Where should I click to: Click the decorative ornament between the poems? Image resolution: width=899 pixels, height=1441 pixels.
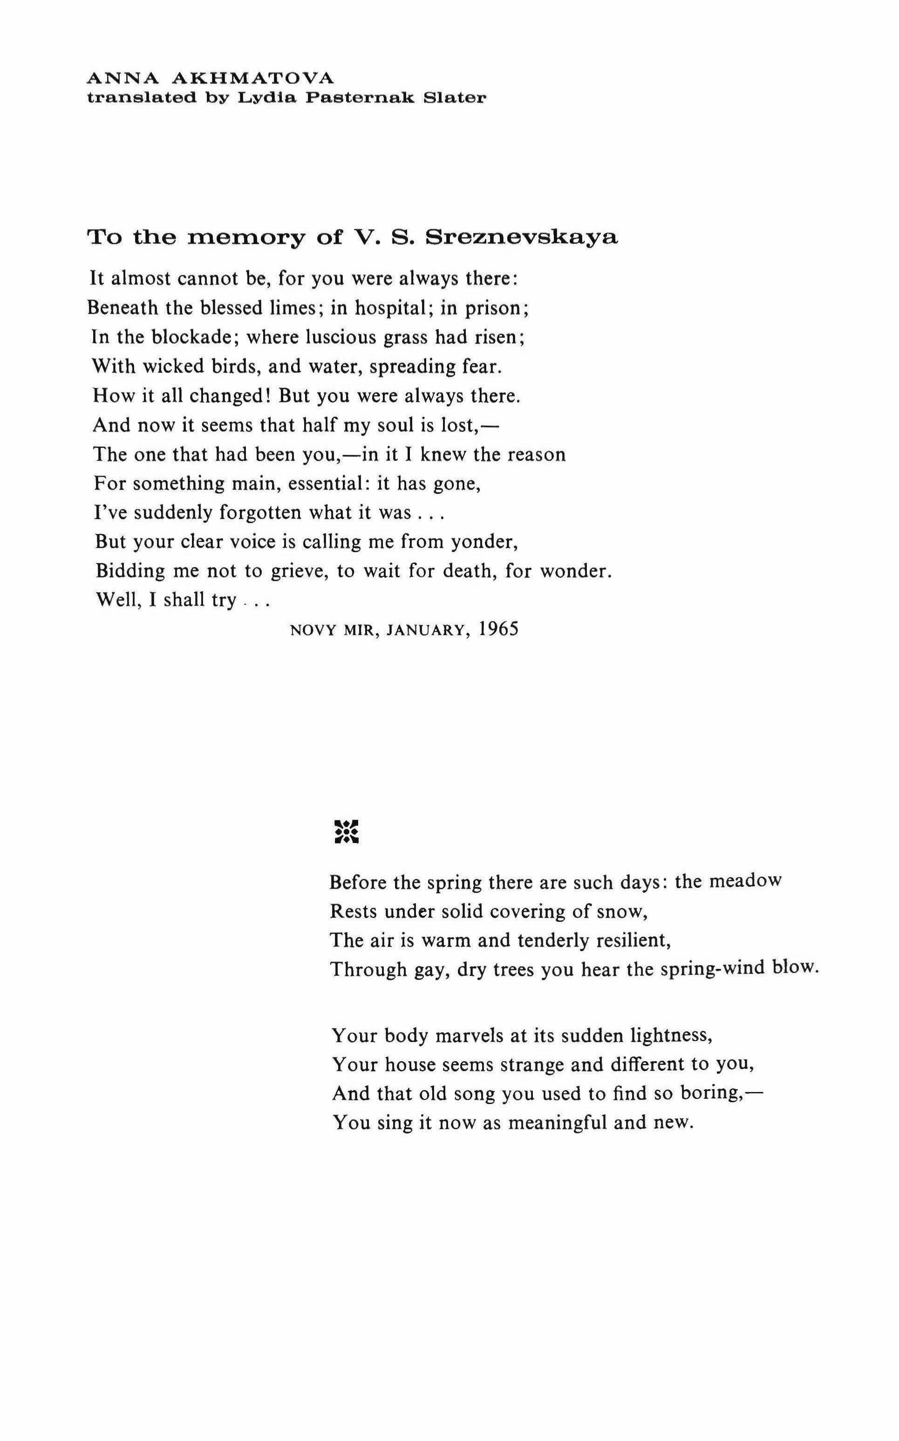[x=347, y=831]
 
